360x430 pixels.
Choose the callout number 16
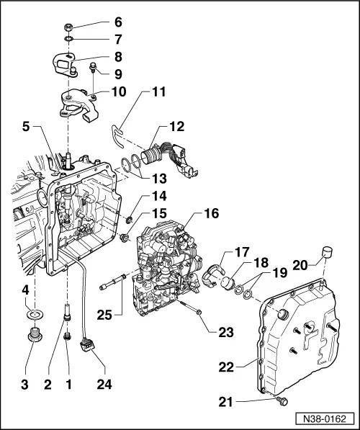coord(212,213)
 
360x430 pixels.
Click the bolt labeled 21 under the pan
coord(280,400)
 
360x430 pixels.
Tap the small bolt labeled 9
coord(94,68)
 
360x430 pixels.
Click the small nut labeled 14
coord(130,219)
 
